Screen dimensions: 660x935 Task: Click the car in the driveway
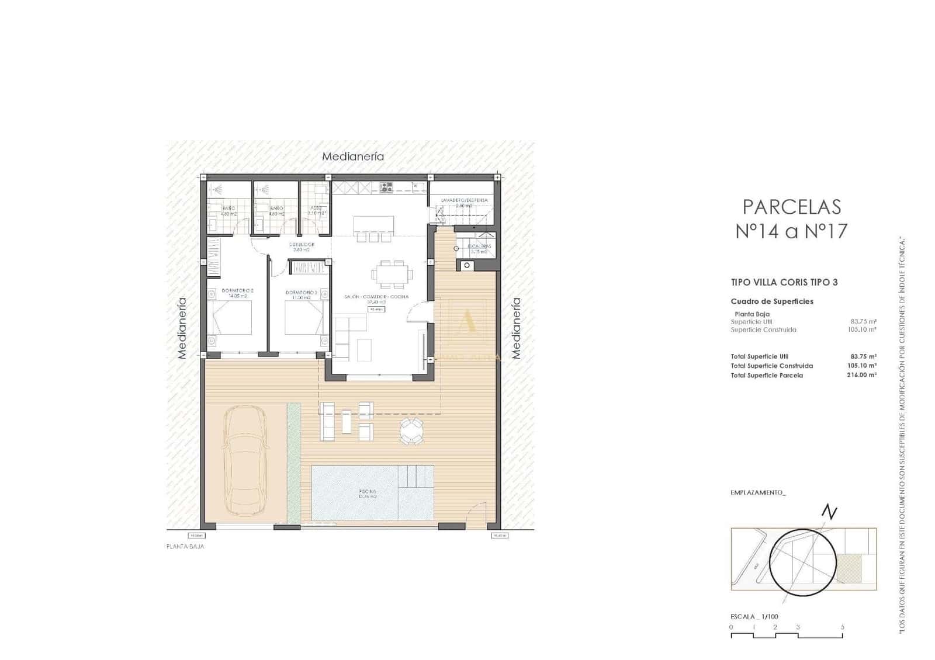point(244,461)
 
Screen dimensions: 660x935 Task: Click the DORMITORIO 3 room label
point(301,292)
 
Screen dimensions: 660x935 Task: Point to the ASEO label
point(316,207)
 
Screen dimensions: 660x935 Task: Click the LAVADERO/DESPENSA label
point(464,200)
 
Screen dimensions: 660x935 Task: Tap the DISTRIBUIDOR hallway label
point(302,244)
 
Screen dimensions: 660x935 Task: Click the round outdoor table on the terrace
point(411,432)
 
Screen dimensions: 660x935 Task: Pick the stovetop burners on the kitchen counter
point(386,187)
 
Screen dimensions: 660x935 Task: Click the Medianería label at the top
point(353,156)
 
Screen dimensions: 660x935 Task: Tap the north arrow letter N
point(829,512)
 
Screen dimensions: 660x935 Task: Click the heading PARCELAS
point(791,207)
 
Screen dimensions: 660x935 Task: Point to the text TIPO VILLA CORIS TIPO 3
point(784,282)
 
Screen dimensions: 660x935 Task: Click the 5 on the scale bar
point(842,627)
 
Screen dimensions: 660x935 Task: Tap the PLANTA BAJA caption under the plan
point(185,547)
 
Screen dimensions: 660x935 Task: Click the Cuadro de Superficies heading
point(772,301)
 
